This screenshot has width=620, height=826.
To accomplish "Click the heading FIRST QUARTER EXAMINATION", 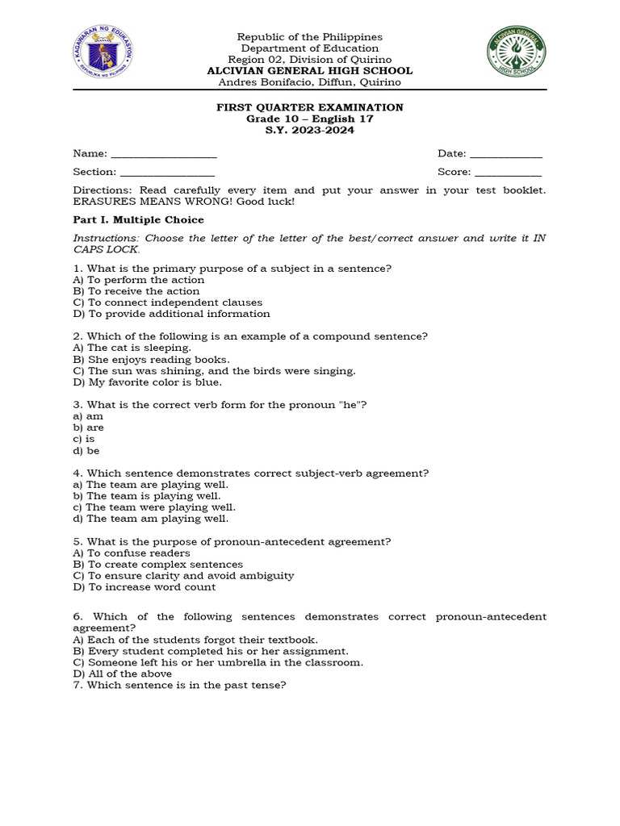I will click(x=309, y=107).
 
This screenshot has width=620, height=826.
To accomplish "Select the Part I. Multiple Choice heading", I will click(x=138, y=219).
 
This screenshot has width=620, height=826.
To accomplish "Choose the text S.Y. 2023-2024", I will click(x=309, y=131).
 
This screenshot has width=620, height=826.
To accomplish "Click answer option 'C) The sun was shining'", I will click(x=214, y=371).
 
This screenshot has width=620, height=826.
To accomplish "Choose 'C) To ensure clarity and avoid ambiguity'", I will click(x=183, y=576).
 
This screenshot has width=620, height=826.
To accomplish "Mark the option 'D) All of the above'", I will click(x=122, y=674).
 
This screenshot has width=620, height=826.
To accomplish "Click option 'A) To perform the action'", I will click(x=139, y=280).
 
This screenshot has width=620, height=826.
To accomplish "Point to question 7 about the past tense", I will click(x=179, y=686).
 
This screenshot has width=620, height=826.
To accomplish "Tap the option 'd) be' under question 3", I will click(x=86, y=451).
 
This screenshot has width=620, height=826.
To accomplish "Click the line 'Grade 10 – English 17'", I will click(x=309, y=119).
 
